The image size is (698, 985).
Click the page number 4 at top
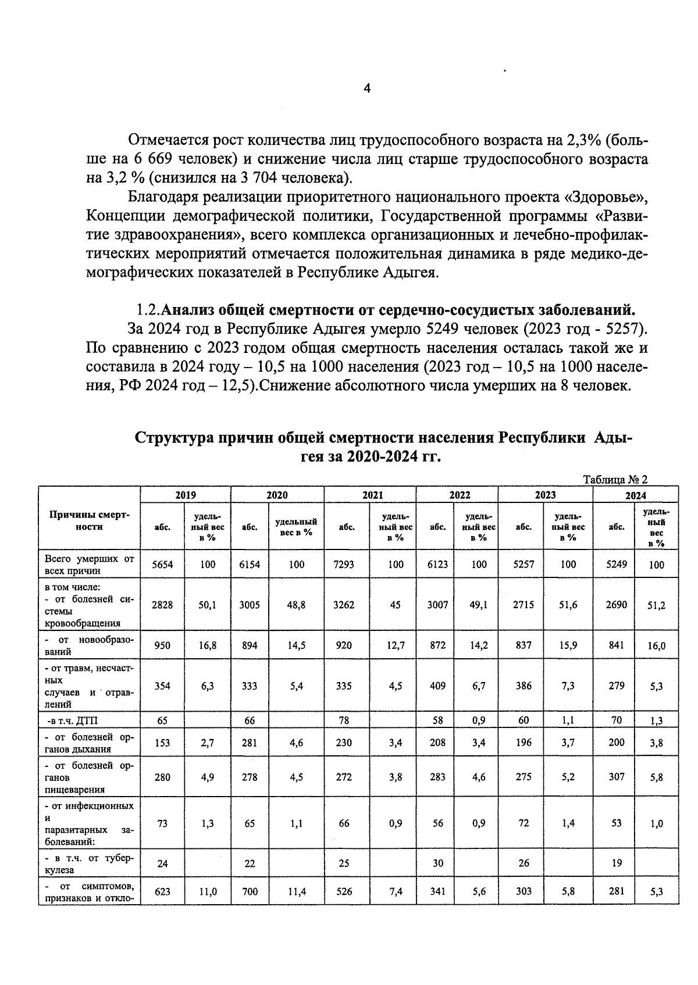point(367,88)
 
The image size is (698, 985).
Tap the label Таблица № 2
point(615,480)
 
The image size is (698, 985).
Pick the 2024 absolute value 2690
point(616,605)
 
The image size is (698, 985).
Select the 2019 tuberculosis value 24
point(162,863)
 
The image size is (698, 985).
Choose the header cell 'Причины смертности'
point(90,521)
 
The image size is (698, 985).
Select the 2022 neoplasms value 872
point(437,645)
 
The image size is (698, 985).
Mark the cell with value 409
point(437,686)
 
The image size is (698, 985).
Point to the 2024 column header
point(635,495)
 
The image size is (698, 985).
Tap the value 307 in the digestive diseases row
point(616,777)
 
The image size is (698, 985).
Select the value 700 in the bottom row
point(250,891)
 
